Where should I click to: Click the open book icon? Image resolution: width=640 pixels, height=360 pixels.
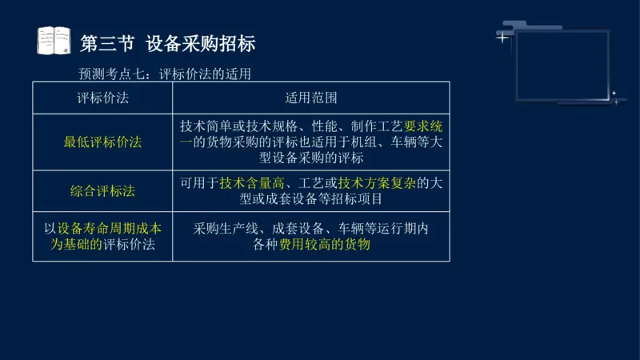tap(54, 41)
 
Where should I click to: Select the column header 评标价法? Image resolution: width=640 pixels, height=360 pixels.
tap(102, 98)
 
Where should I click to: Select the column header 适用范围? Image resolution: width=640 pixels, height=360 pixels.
tap(310, 98)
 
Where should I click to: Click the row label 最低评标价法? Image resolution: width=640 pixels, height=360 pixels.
tap(102, 142)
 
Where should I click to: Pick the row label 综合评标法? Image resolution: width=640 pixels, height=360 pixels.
tap(102, 191)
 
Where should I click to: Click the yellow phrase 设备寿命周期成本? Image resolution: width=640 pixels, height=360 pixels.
tap(109, 228)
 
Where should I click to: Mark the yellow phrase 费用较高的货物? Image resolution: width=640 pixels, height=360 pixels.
tap(325, 245)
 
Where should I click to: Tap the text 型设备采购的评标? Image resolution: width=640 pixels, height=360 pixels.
tap(310, 158)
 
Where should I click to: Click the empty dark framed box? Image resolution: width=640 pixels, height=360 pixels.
tap(562, 66)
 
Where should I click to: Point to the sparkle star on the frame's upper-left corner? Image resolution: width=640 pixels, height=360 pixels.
tap(502, 37)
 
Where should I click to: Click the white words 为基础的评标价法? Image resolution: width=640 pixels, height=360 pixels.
tap(102, 245)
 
